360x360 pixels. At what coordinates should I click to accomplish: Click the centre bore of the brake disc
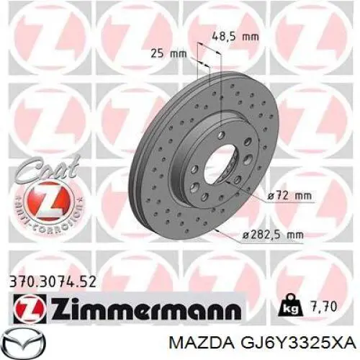[221, 164]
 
